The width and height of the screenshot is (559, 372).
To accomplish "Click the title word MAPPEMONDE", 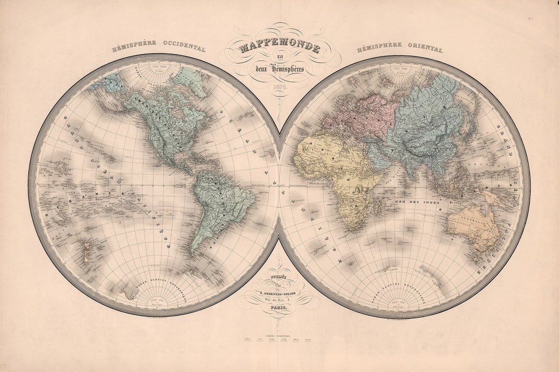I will (279, 49).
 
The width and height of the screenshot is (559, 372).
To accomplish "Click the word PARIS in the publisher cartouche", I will (279, 308).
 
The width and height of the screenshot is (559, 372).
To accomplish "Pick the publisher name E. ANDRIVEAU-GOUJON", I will (279, 293).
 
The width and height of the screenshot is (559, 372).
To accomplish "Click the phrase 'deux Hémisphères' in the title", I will (279, 69).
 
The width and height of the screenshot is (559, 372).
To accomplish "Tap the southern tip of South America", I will (194, 254).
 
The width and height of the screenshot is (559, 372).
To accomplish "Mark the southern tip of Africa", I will (352, 230).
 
